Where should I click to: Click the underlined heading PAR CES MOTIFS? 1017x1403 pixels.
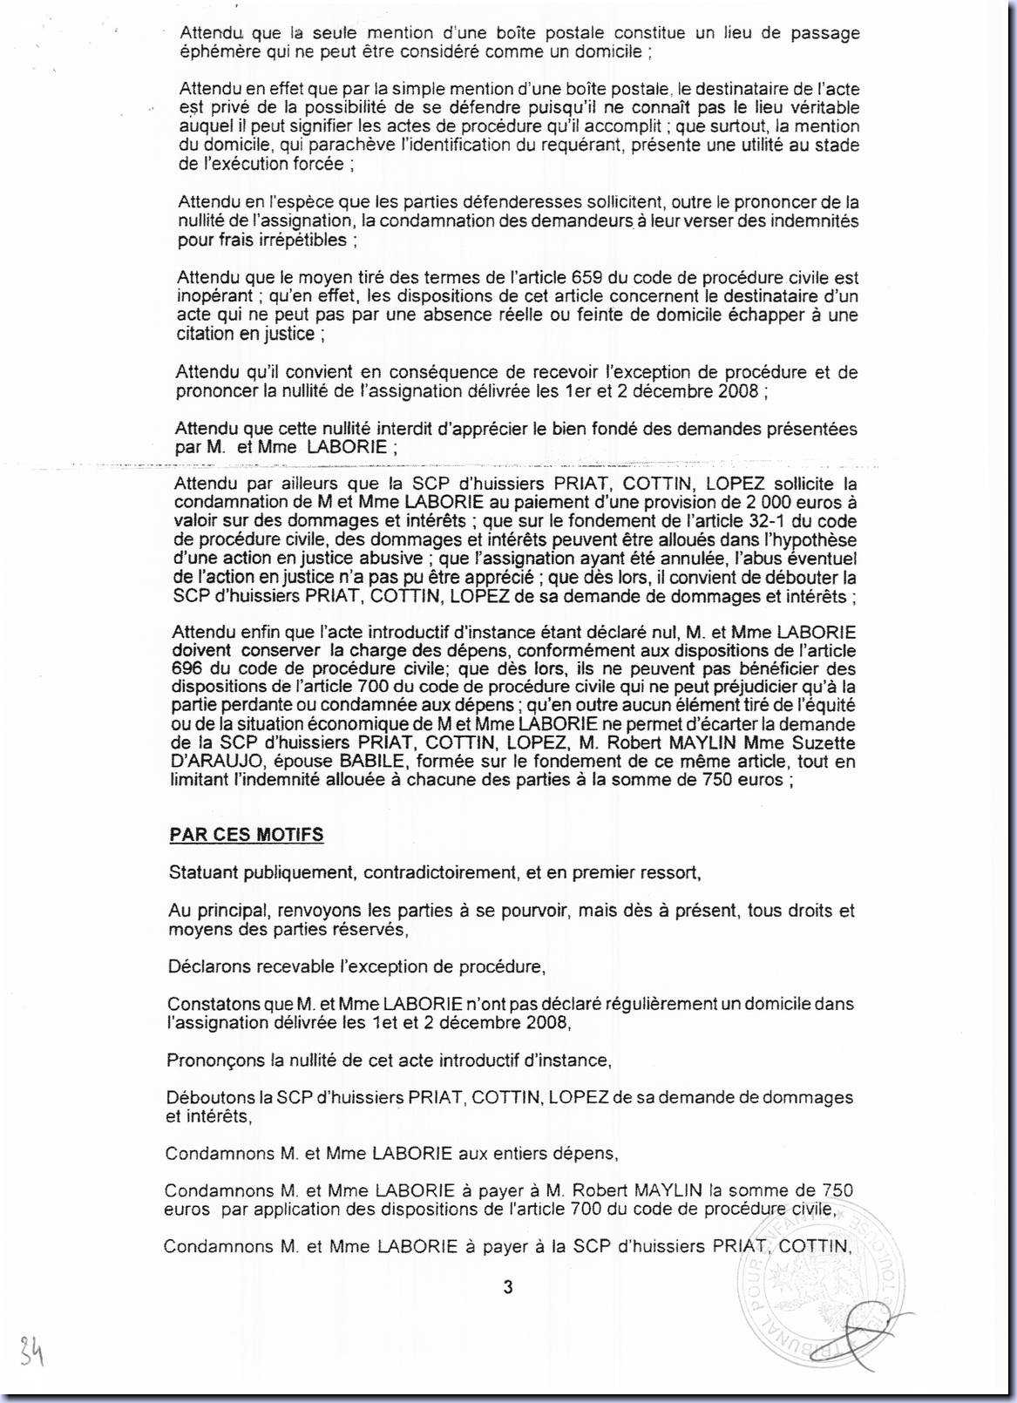(246, 835)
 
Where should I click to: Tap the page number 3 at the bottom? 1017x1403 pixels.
(508, 1287)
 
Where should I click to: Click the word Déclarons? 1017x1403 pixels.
(206, 966)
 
